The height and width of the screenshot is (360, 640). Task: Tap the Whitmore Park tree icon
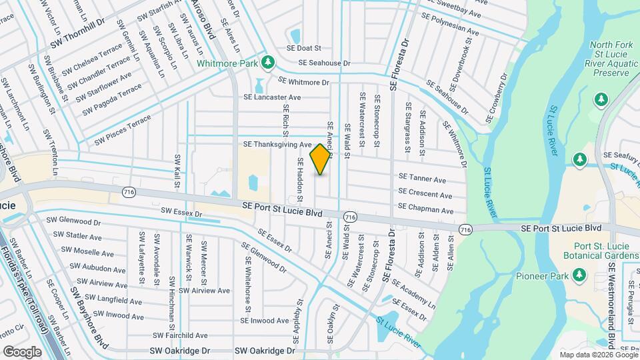268,62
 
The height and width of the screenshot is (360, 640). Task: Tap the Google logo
23,351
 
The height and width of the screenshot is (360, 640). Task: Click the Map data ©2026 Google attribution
598,355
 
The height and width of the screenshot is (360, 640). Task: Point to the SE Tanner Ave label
422,179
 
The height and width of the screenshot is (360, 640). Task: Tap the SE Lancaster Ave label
272,97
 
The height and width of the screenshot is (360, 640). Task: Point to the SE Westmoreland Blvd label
612,293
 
